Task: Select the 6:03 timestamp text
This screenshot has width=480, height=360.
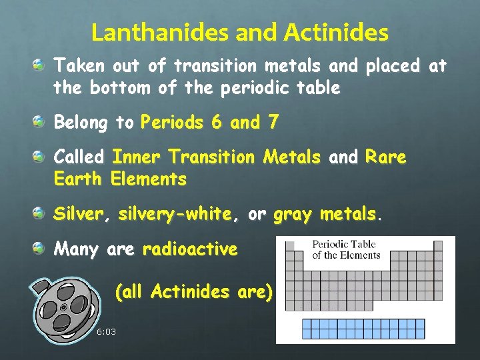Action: (x=106, y=331)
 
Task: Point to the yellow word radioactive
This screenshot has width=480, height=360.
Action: (x=190, y=249)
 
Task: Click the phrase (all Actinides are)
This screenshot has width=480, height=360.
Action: (x=194, y=291)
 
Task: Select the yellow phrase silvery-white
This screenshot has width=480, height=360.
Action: (x=175, y=214)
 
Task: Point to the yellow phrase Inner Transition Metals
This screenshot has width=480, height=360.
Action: (x=217, y=157)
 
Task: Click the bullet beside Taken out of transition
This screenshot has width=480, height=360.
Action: (x=41, y=65)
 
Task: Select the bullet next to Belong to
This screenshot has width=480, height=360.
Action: (x=41, y=123)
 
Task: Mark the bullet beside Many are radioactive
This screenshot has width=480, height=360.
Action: (x=41, y=249)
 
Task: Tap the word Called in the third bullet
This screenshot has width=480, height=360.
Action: (x=79, y=157)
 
